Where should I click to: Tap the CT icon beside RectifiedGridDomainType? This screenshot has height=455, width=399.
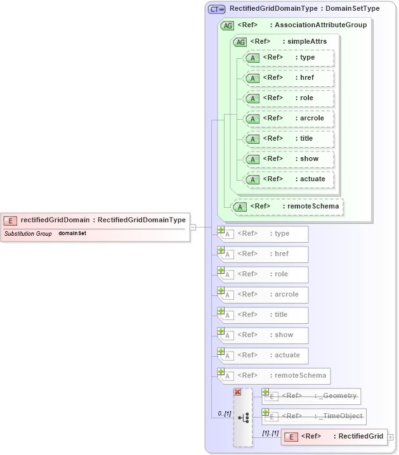pos(217,9)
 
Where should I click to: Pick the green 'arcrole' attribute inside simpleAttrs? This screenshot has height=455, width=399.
pos(289,119)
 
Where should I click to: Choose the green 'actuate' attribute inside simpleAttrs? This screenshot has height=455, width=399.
pos(289,179)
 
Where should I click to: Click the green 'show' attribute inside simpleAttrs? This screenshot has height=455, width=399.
pos(289,159)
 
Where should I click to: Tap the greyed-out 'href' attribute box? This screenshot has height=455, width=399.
pos(263,254)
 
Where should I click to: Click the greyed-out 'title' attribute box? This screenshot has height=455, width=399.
pos(263,315)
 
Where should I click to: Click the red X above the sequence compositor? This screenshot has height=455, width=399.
pos(237,392)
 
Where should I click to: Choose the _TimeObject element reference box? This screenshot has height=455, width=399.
pos(315,416)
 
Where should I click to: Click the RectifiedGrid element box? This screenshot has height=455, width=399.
pos(334,437)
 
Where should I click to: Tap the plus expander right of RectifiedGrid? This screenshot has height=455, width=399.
pos(390,437)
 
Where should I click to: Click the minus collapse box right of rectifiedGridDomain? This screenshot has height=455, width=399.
pos(193,226)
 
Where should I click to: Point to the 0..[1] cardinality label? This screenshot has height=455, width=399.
pos(224,414)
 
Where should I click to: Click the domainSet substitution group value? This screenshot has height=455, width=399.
pos(72,233)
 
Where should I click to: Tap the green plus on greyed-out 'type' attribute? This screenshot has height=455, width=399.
pos(221,230)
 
